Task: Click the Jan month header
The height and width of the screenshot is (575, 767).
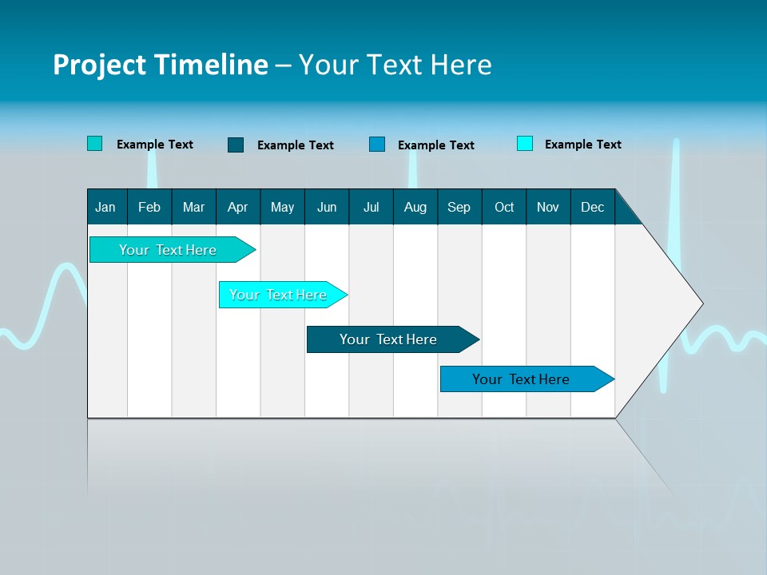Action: [106, 207]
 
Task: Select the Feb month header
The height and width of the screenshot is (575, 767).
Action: [149, 207]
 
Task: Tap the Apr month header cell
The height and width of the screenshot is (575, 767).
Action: [238, 207]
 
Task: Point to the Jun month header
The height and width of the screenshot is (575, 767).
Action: [327, 207]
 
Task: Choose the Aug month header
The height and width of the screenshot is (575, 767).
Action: [415, 207]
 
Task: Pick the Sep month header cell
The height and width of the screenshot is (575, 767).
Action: [459, 207]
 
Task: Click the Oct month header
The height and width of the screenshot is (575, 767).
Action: [504, 207]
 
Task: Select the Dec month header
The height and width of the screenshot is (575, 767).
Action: [593, 207]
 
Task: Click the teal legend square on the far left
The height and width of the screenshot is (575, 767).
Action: [95, 144]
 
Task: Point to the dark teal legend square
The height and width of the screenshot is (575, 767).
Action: [236, 145]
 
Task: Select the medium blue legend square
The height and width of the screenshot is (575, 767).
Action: [377, 145]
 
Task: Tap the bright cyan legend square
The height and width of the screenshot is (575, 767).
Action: [525, 144]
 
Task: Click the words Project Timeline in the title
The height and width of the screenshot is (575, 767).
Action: [160, 65]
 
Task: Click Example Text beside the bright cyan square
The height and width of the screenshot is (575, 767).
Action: [582, 145]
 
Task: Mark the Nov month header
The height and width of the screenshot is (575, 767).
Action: [548, 207]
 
